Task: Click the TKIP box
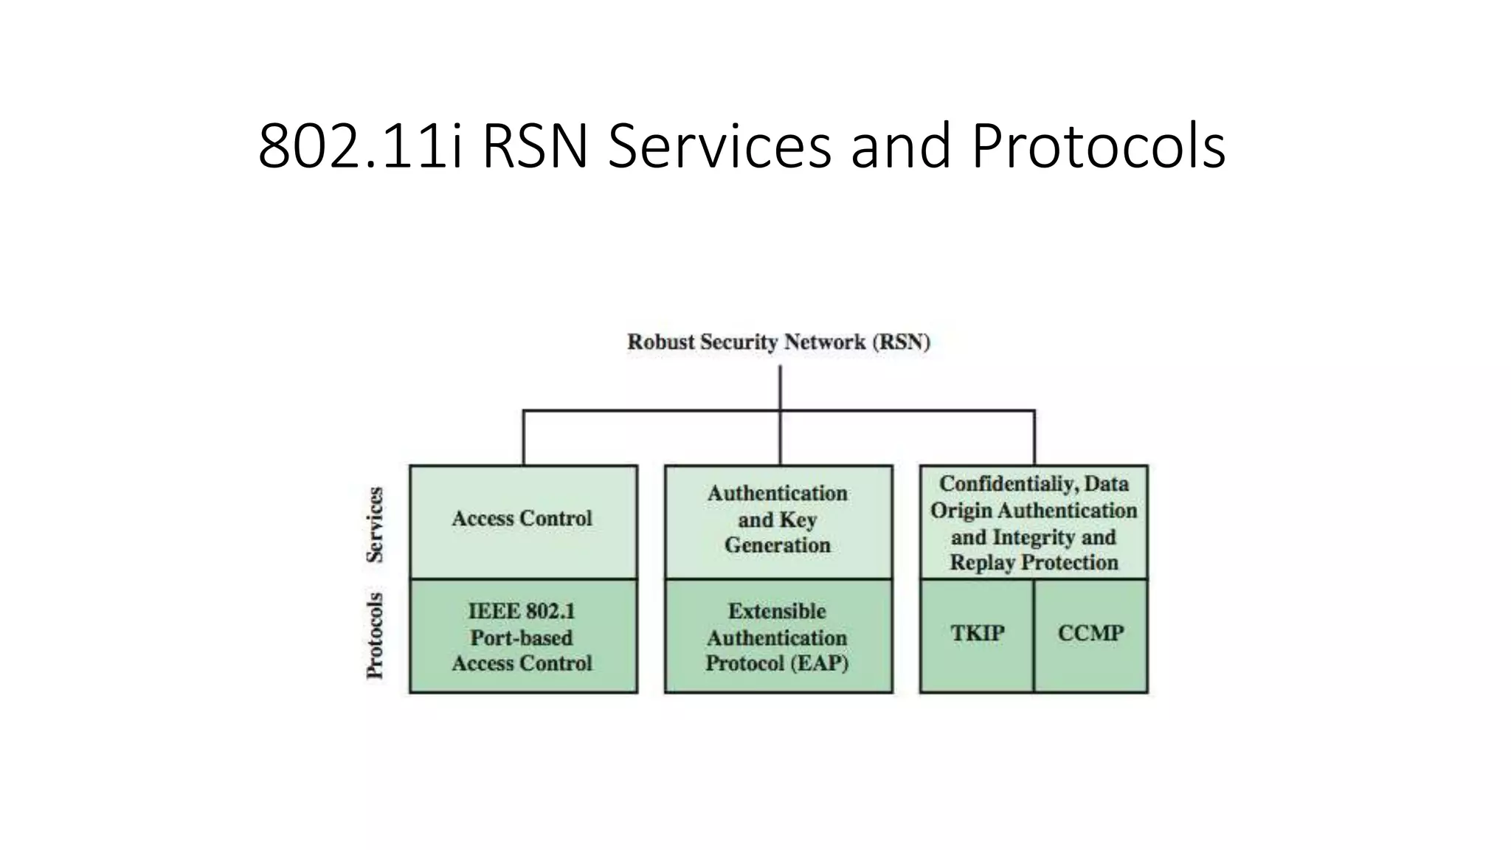977,635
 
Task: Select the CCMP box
1090,635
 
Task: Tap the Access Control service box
522,521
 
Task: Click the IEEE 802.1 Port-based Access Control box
522,637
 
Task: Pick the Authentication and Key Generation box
778,521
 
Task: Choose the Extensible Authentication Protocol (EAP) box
778,637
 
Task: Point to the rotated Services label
376,525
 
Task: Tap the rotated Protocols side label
376,635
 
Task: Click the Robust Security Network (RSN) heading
778,342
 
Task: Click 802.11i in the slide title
360,146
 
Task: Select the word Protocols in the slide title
1098,146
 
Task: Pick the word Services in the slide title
719,146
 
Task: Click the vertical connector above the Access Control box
523,438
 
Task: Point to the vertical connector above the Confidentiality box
1034,438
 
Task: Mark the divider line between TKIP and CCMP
1034,635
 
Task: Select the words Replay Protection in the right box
1033,563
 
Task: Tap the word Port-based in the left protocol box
522,637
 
